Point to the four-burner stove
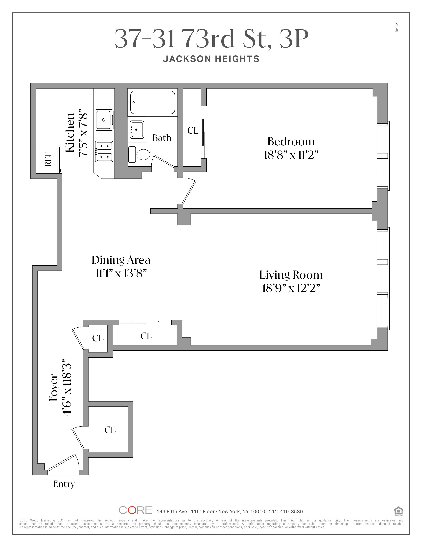(x=104, y=151)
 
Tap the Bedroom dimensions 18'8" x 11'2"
(x=291, y=155)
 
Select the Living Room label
(x=291, y=275)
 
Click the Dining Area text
(x=121, y=260)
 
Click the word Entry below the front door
(x=64, y=484)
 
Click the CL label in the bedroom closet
(x=193, y=130)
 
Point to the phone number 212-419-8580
(x=286, y=511)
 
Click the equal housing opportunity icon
(x=398, y=511)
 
